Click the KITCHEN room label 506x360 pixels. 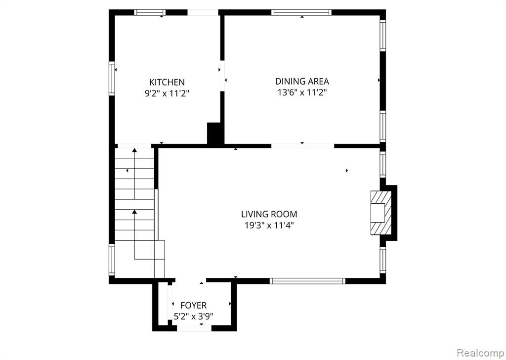point(167,82)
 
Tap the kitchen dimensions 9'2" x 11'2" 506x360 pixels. point(167,93)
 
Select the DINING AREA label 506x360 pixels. point(302,81)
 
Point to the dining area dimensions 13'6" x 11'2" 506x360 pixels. point(302,92)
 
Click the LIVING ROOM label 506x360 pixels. point(269,214)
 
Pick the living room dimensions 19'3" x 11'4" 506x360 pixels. point(269,225)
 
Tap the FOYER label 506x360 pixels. point(194,305)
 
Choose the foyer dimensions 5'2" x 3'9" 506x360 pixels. point(194,316)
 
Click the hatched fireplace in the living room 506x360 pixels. point(381,213)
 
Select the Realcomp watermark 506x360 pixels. point(481,352)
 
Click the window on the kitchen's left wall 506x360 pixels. point(112,79)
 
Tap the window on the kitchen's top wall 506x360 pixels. point(150,12)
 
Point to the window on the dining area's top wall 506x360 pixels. point(301,12)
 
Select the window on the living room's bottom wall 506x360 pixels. point(307,281)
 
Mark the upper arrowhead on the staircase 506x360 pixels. point(134,150)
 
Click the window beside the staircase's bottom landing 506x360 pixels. point(112,260)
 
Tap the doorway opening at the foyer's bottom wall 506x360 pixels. point(194,328)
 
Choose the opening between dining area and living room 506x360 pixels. point(302,146)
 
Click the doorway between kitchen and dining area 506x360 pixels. point(222,76)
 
